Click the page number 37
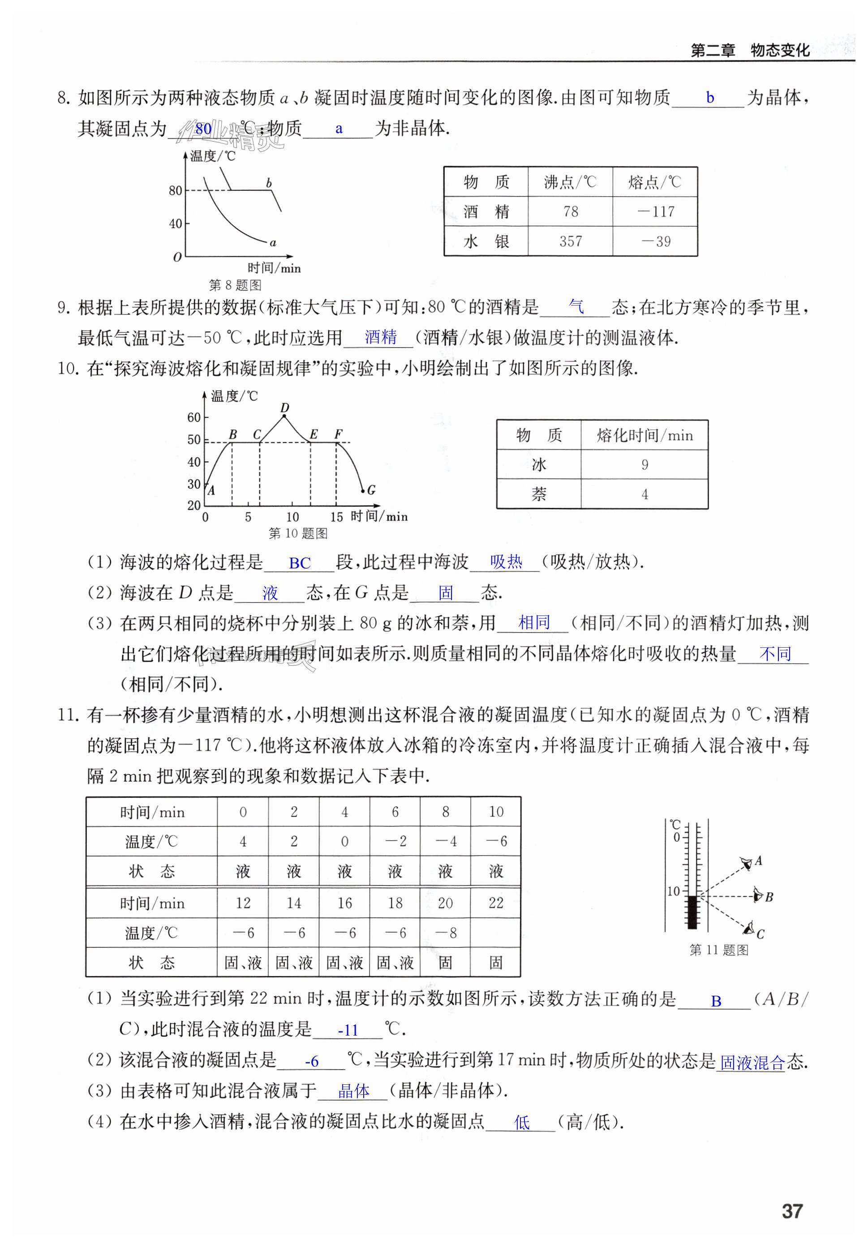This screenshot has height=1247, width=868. (x=791, y=1211)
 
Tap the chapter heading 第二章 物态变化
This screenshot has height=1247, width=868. (x=750, y=51)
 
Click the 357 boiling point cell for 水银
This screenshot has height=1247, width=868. (x=570, y=241)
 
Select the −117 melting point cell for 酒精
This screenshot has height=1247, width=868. (x=655, y=211)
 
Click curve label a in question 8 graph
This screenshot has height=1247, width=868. (x=273, y=243)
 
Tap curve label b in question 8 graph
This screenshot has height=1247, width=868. (x=269, y=183)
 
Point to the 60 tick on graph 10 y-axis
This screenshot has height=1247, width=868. (x=194, y=417)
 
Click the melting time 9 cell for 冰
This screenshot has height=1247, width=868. (x=644, y=464)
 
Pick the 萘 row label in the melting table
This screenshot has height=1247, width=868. (x=538, y=494)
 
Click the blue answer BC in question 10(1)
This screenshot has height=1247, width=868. (x=299, y=563)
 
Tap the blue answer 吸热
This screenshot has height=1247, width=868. (x=506, y=562)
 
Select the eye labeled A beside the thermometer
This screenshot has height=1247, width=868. (x=748, y=863)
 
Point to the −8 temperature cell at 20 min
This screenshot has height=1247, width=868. (x=445, y=933)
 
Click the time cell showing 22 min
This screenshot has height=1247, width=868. (x=495, y=903)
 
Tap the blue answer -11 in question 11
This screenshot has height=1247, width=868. (x=348, y=1030)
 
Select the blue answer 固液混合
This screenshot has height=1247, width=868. (x=752, y=1062)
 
